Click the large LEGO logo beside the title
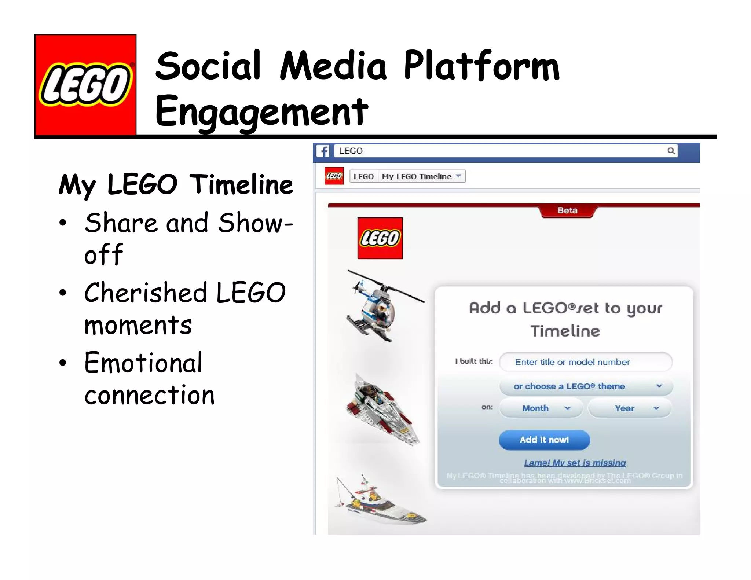(x=85, y=85)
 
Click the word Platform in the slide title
(x=481, y=66)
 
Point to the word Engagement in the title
(x=261, y=111)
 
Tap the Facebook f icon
(x=323, y=151)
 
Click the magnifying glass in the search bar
(x=671, y=151)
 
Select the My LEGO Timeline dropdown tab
(x=421, y=176)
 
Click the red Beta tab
(x=567, y=211)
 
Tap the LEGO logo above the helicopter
(x=380, y=238)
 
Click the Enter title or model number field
(x=586, y=362)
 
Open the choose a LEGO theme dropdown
(x=586, y=386)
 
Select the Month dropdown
(x=541, y=408)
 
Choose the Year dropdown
(x=630, y=408)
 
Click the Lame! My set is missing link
(x=575, y=463)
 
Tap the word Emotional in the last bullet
(x=143, y=363)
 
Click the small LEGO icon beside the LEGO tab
(x=334, y=176)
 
